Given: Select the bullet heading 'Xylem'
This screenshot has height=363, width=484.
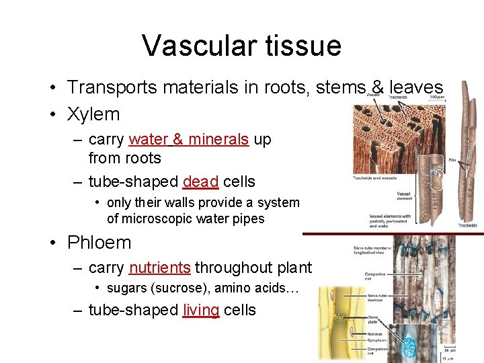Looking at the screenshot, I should point(93,114).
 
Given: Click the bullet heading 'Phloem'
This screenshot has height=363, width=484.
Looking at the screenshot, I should point(99,243).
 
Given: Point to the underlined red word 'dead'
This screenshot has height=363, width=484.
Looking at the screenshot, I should point(200,182).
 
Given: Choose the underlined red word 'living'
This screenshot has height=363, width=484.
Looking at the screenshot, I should point(200,310).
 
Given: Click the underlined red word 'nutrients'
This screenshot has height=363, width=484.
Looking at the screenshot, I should point(160,268).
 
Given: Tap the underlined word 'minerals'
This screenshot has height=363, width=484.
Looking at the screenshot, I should point(218,139).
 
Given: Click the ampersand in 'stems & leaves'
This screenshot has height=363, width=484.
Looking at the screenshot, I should point(378,87).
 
